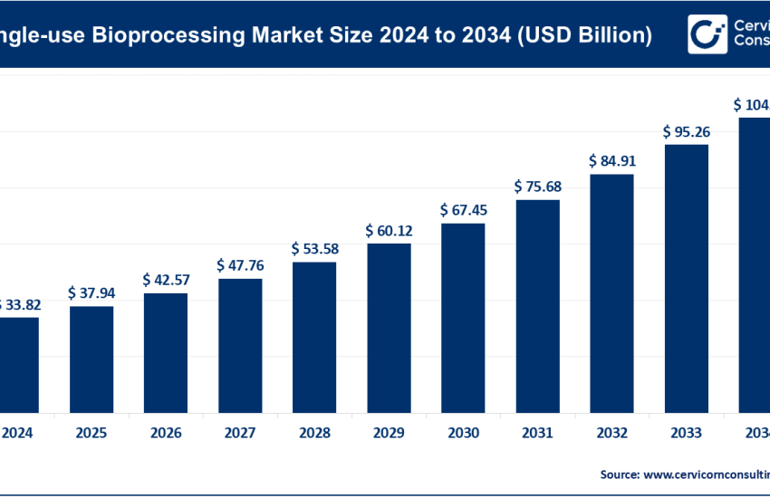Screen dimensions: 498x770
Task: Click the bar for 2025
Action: tap(91, 359)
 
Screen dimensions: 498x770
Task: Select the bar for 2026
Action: tap(166, 352)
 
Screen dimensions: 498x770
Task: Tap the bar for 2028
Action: tap(314, 337)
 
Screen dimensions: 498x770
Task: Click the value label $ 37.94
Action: tap(91, 293)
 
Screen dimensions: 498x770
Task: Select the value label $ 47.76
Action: tap(240, 265)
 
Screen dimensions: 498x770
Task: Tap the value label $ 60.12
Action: tap(389, 230)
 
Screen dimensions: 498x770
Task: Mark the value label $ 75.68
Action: tap(537, 187)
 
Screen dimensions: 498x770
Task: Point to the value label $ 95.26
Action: tap(686, 131)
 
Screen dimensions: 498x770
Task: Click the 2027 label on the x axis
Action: tap(240, 433)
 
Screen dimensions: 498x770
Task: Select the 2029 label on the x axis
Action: tap(389, 433)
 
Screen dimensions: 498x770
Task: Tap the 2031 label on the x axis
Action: tap(537, 433)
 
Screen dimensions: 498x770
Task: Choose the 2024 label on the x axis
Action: tap(18, 433)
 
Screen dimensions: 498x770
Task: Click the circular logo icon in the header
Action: tap(705, 34)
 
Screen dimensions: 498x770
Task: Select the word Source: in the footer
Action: tap(619, 474)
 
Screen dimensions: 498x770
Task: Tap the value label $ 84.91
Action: tap(611, 161)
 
